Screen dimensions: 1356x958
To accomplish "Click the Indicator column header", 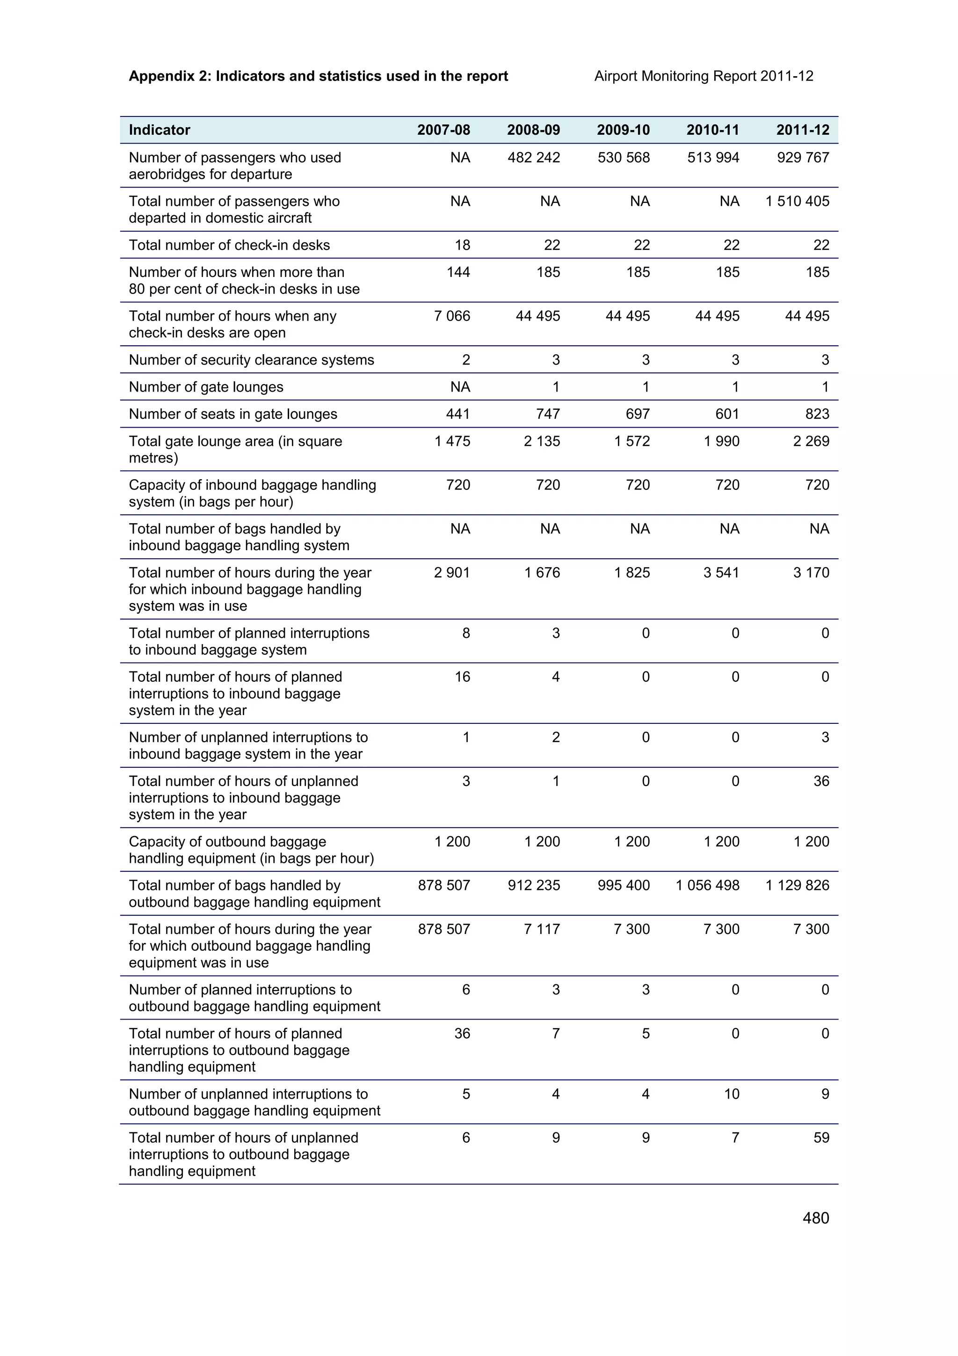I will (x=160, y=130).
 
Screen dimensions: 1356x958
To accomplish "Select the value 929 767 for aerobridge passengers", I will (x=803, y=158).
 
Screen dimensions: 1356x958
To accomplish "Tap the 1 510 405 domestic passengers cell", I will (x=797, y=201).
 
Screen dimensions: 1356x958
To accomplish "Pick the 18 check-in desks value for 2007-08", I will (x=462, y=245).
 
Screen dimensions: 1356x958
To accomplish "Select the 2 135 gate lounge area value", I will (x=541, y=441).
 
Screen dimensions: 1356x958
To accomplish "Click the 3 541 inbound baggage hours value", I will (x=721, y=572).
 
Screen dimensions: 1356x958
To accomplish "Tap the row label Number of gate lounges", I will (x=206, y=387).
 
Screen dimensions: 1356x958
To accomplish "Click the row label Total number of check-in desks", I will (x=229, y=245).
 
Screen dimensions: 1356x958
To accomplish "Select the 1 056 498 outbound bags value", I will (x=707, y=885).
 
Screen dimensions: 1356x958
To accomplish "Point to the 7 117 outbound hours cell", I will (x=541, y=929).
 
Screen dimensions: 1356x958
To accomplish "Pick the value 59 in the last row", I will (x=821, y=1137).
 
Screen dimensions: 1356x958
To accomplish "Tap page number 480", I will (x=816, y=1218).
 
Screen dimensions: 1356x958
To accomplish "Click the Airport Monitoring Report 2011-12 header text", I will (x=704, y=76).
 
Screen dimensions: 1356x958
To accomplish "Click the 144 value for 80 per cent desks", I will (x=458, y=272).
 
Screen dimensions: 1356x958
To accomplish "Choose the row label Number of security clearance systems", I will (x=252, y=360).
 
